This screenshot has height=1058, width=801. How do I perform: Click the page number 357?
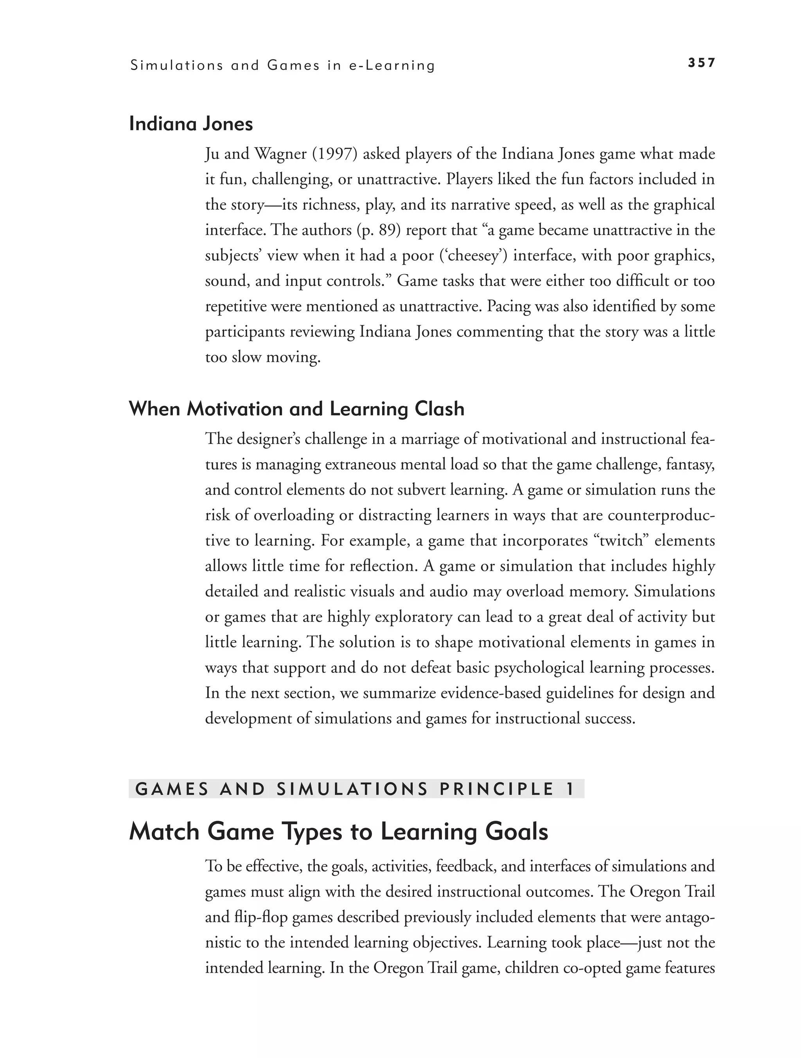coord(701,63)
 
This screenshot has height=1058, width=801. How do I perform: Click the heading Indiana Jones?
coord(191,124)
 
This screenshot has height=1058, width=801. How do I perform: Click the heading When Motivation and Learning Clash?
coord(296,409)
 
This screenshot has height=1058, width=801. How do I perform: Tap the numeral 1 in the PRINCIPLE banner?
coord(569,789)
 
